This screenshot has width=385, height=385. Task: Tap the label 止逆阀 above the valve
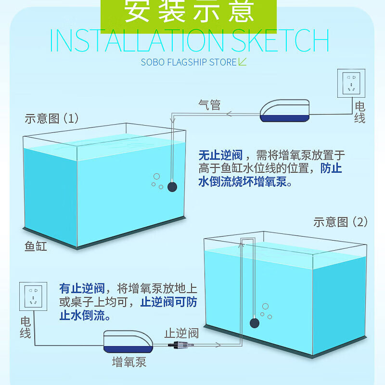point(181,333)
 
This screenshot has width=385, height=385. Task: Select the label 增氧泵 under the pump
point(129,362)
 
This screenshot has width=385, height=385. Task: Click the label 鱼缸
point(36,246)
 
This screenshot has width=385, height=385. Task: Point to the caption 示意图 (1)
point(51,118)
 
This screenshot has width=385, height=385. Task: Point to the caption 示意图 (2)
point(340,222)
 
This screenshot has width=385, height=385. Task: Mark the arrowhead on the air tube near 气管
point(229,114)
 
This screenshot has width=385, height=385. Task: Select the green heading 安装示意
point(189,12)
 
